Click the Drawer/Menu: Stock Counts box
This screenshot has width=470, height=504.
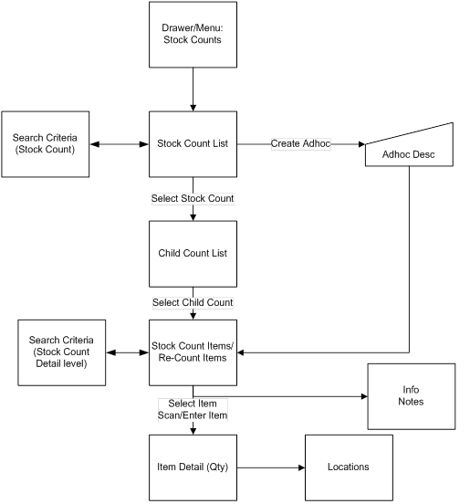pyautogui.click(x=193, y=34)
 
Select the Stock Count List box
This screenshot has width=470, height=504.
pyautogui.click(x=193, y=143)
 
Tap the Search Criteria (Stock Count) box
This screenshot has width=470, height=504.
pyautogui.click(x=45, y=143)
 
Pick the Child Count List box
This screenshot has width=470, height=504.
pyautogui.click(x=193, y=253)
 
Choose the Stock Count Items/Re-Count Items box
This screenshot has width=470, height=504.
pyautogui.click(x=193, y=351)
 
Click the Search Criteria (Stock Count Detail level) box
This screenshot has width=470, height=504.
pyautogui.click(x=61, y=351)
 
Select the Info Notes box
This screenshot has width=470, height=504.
pyautogui.click(x=410, y=395)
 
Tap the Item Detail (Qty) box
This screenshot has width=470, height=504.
pyautogui.click(x=193, y=467)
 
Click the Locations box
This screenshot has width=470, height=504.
pyautogui.click(x=348, y=467)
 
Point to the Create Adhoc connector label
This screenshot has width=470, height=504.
pyautogui.click(x=300, y=143)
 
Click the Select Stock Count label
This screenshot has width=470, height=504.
pyautogui.click(x=193, y=198)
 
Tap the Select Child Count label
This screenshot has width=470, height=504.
pyautogui.click(x=193, y=302)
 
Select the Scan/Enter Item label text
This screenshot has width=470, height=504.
pyautogui.click(x=193, y=415)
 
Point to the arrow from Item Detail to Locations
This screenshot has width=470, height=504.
pyautogui.click(x=270, y=467)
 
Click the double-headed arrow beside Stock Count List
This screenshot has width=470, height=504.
pyautogui.click(x=119, y=143)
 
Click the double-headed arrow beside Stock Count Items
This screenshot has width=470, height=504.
pyautogui.click(x=127, y=351)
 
